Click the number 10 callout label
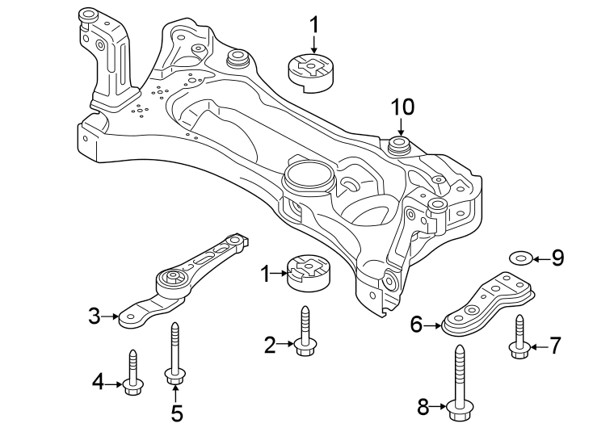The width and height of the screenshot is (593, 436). point(402,107)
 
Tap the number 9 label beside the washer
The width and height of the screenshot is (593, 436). point(557,258)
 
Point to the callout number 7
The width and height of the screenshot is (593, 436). point(555,346)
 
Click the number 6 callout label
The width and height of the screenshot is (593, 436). point(417,325)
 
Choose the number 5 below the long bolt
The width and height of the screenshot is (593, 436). point(176,413)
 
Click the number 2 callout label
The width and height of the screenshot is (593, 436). point(270,346)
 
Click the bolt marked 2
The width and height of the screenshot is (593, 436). point(305,332)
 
